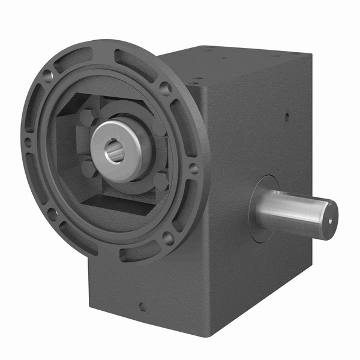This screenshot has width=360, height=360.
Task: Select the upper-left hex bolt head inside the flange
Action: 86,118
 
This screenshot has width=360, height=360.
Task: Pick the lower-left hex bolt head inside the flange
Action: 88,169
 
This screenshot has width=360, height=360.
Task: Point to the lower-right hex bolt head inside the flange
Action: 161,181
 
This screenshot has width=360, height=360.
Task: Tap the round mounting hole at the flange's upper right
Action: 164,89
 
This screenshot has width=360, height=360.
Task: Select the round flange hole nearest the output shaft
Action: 193,169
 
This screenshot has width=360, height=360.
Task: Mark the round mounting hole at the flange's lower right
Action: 169,238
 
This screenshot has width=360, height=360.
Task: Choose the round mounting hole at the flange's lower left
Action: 53,212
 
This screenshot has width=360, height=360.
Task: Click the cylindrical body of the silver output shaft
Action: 294,212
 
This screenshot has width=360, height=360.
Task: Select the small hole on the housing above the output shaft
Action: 286,118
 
